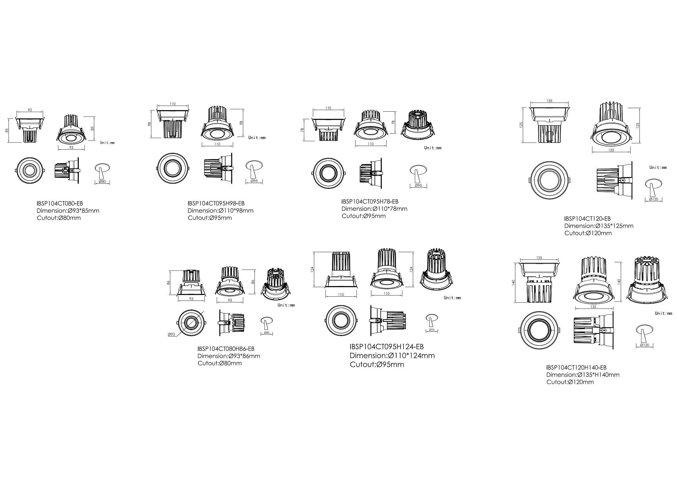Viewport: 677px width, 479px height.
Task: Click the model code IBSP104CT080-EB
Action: [60, 203]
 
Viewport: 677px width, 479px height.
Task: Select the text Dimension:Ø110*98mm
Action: [221, 211]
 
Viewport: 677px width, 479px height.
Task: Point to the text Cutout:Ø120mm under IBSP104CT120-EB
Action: [588, 233]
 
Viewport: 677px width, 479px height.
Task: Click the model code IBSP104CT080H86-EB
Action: [226, 349]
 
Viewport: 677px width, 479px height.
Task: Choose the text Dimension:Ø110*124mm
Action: [392, 356]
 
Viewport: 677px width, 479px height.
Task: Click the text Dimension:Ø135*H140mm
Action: [583, 375]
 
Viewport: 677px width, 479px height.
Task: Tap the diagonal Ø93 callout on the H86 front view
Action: [171, 334]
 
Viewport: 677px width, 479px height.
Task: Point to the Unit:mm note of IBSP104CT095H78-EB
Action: [433, 148]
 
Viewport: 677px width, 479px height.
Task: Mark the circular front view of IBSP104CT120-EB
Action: [550, 180]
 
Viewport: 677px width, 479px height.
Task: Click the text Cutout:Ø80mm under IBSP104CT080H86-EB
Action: [220, 363]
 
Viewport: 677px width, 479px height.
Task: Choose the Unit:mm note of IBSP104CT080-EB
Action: [107, 143]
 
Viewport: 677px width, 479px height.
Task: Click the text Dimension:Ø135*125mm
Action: [599, 226]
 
